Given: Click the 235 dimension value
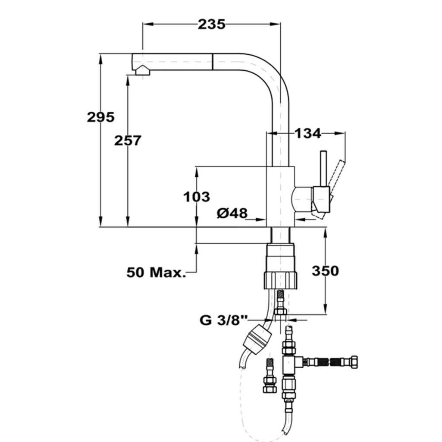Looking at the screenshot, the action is tap(211, 25).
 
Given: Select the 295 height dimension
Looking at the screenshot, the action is tap(100, 117).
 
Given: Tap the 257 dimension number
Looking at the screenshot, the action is tap(128, 141).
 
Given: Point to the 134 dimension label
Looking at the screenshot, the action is tap(308, 133).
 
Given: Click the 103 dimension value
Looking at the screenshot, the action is tap(197, 197).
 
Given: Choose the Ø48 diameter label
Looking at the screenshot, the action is tap(232, 213).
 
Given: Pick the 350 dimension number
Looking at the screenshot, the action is tap(325, 271).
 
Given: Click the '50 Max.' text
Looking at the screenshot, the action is tap(156, 273).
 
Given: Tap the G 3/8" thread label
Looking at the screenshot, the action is tap(223, 320).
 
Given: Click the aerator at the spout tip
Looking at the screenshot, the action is tap(143, 70).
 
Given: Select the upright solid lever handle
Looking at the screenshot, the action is tap(323, 169).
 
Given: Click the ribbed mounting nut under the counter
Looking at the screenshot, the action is tap(281, 280).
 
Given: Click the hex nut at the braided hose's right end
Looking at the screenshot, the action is tap(354, 363).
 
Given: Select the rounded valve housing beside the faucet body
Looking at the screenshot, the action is tap(302, 199).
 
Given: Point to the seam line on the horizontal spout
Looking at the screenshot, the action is tap(212, 62).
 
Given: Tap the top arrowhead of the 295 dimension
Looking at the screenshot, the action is tap(100, 59).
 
